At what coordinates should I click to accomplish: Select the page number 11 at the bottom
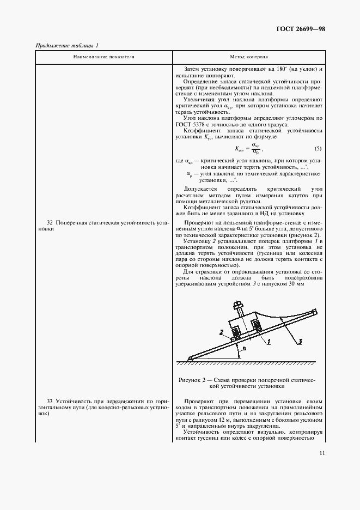(322, 453)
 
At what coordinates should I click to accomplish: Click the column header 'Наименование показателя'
(103, 57)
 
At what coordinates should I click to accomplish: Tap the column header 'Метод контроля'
(249, 57)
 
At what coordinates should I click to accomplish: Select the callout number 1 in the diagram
(269, 342)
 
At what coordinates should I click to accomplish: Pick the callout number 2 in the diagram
(223, 332)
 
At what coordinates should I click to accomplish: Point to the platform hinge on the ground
(190, 358)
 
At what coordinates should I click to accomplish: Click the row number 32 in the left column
(50, 223)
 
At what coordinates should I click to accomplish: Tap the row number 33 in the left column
(50, 400)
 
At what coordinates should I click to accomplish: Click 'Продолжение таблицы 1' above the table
(66, 45)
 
